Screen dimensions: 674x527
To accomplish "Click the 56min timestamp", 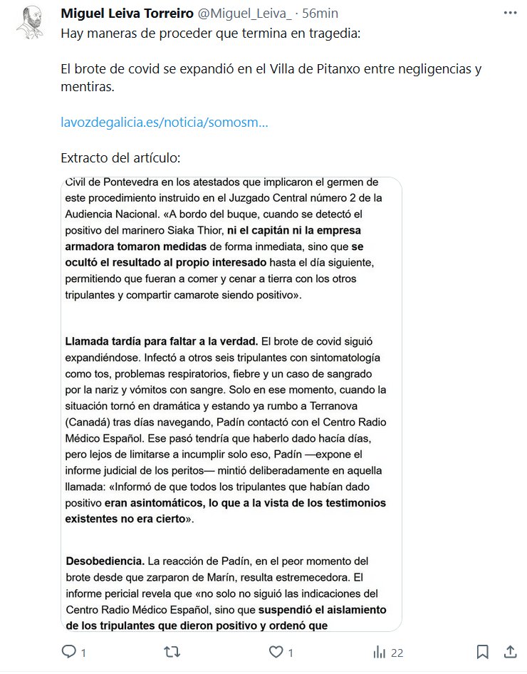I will (320, 14).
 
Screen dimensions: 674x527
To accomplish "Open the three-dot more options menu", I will (510, 13).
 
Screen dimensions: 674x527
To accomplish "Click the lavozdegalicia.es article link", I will (165, 123).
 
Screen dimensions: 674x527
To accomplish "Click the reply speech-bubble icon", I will (69, 652).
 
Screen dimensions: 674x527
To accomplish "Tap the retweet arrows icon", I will (172, 652).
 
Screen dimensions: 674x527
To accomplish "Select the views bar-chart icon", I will (380, 652).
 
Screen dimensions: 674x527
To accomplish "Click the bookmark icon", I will (482, 652).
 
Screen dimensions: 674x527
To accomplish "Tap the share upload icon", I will (510, 652).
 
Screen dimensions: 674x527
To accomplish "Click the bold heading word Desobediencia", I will (105, 561).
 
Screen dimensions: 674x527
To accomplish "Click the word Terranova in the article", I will (350, 404).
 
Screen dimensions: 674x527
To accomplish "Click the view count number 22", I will (397, 652).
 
